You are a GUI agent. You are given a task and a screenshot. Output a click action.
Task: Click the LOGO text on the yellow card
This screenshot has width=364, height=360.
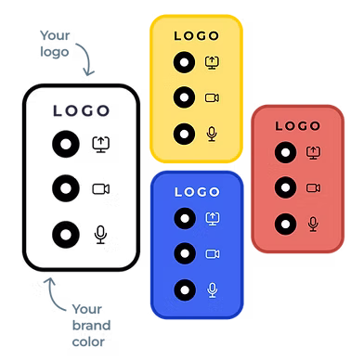[196, 37]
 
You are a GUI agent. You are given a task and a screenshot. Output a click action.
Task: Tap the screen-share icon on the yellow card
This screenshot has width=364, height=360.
[212, 63]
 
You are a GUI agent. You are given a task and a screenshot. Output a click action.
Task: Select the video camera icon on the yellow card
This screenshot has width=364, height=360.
[212, 97]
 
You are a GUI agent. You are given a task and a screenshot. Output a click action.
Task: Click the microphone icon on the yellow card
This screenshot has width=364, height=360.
[212, 133]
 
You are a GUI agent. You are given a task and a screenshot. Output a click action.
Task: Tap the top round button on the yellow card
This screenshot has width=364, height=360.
[184, 63]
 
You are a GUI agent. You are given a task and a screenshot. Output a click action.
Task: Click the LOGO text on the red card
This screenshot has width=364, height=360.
[298, 124]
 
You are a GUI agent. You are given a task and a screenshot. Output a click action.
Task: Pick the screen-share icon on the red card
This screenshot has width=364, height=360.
[313, 151]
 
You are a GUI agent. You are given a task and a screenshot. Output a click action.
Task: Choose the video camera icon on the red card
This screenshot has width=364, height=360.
[313, 187]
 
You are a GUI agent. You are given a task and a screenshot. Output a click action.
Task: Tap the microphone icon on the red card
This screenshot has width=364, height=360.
[313, 223]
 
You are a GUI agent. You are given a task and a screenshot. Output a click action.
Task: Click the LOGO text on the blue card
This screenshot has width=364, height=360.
[196, 192]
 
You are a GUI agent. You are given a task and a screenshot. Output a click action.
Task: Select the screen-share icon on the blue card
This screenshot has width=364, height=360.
[212, 218]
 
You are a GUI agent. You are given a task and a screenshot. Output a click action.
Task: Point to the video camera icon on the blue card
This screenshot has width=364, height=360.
[212, 253]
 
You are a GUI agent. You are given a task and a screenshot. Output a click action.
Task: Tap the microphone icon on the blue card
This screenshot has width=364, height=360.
[212, 289]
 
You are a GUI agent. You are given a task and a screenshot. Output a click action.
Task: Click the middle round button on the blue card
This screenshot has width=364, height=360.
[184, 253]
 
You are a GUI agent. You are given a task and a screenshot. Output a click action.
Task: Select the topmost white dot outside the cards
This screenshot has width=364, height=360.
[65, 145]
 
